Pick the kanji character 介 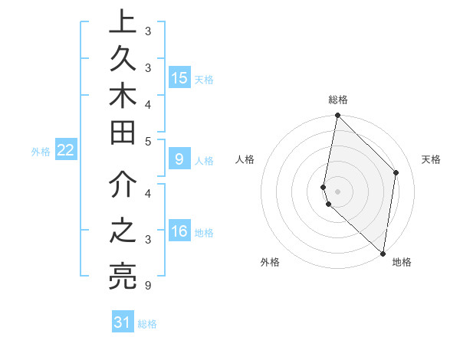[122, 186]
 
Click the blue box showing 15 [179, 78]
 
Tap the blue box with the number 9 [179, 159]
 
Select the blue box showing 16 [179, 232]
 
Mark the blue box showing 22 [66, 150]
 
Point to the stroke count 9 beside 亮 [147, 286]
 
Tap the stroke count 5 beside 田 [147, 140]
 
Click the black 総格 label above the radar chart [338, 100]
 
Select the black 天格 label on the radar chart [431, 159]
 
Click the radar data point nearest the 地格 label [383, 254]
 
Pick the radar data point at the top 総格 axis [337, 116]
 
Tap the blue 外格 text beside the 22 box [41, 152]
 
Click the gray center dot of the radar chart [337, 191]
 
